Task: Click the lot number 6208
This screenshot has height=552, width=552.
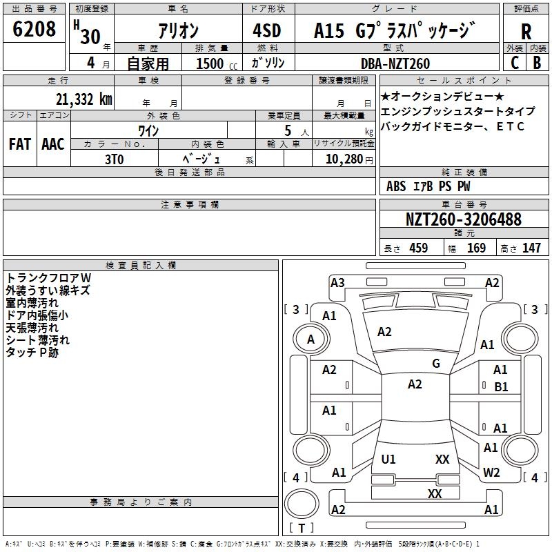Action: pos(34,30)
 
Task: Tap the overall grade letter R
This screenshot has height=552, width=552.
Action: pos(526,32)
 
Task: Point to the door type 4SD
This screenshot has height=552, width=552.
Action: pos(268,31)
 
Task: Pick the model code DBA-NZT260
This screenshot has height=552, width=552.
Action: pos(395,63)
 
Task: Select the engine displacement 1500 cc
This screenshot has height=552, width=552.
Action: pos(215,63)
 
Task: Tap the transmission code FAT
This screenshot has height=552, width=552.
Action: pos(19,144)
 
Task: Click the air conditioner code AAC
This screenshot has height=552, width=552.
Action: pos(53,144)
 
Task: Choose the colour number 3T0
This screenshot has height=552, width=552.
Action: pos(115,159)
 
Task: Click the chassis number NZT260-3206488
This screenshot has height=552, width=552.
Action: pos(464,220)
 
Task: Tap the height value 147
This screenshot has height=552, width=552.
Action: pos(531,248)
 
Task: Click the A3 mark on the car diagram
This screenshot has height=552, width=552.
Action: pos(337,282)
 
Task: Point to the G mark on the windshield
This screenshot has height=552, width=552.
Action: pos(435,364)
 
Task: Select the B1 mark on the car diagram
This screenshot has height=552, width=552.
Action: pos(502,387)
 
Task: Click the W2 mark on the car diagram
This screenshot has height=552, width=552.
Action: pos(491,473)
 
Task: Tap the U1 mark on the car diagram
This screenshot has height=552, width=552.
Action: pos(389,459)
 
